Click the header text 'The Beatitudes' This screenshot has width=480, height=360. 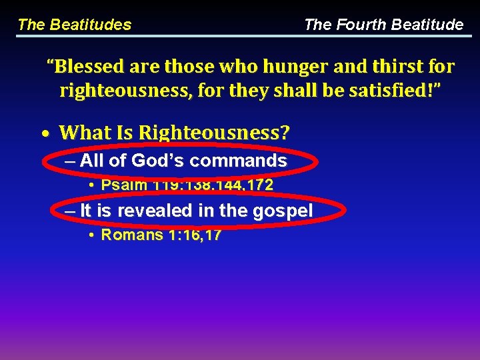pyautogui.click(x=74, y=25)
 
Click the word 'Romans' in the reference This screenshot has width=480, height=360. pyautogui.click(x=131, y=235)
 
